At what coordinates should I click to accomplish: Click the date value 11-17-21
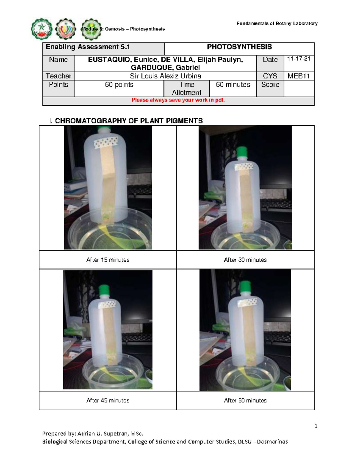pyautogui.click(x=298, y=59)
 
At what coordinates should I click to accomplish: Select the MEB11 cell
pyautogui.click(x=298, y=76)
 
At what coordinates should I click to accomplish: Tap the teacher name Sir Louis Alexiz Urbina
pyautogui.click(x=165, y=76)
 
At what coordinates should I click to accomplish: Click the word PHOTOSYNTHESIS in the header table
pyautogui.click(x=239, y=47)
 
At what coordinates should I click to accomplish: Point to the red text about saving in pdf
pyautogui.click(x=178, y=100)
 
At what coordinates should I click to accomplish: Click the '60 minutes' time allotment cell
pyautogui.click(x=233, y=85)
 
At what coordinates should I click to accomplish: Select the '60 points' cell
pyautogui.click(x=119, y=85)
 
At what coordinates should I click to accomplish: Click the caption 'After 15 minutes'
pyautogui.click(x=108, y=260)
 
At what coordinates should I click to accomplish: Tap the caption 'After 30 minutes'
pyautogui.click(x=245, y=260)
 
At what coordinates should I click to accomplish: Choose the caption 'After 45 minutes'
pyautogui.click(x=108, y=401)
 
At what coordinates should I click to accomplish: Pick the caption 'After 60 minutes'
pyautogui.click(x=245, y=401)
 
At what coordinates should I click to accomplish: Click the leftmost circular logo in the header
pyautogui.click(x=42, y=29)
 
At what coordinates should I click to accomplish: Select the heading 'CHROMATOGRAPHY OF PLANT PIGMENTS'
pyautogui.click(x=129, y=121)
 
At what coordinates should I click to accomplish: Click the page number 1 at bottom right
pyautogui.click(x=316, y=426)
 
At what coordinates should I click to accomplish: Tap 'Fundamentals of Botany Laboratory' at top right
pyautogui.click(x=277, y=23)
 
